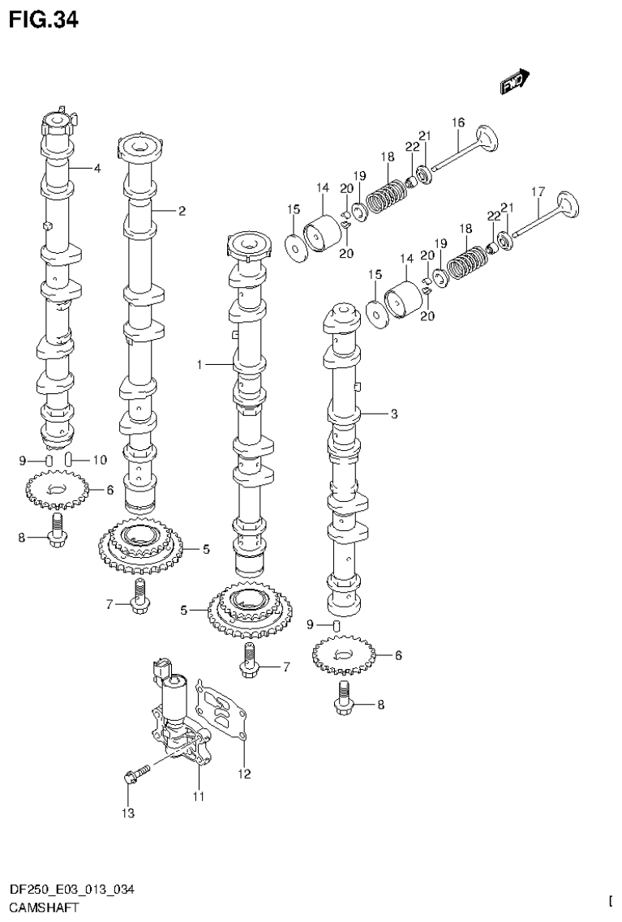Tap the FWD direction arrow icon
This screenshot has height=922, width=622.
coord(513,81)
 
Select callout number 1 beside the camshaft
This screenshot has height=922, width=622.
coord(199,366)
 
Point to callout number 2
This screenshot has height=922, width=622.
coord(182,212)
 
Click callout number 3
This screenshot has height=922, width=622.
coord(393,414)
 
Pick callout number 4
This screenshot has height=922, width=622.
coord(97,169)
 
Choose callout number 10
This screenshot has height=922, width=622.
coord(99,461)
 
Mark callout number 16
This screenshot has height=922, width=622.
coord(458,123)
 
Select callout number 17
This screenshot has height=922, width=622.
coord(537,192)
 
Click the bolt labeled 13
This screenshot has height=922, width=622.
coord(135,773)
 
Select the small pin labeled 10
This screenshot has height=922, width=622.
coord(70,461)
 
